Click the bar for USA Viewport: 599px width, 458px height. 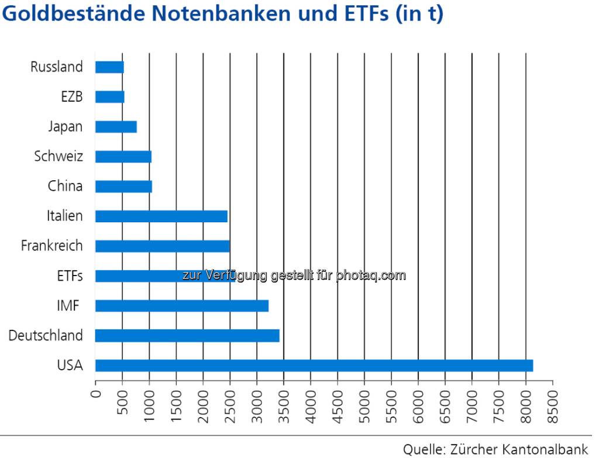(x=314, y=366)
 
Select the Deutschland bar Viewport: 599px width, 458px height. (x=187, y=336)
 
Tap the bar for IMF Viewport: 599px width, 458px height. (x=181, y=306)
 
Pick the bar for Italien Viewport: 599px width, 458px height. (x=161, y=216)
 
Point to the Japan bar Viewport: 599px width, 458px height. (x=116, y=127)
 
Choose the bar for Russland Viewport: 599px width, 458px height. (x=109, y=67)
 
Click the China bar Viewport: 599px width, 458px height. (x=123, y=187)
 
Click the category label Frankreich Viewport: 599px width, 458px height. (x=51, y=246)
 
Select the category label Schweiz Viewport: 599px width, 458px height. (x=58, y=157)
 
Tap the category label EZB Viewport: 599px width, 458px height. (x=71, y=97)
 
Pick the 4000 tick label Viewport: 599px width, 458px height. (x=311, y=398)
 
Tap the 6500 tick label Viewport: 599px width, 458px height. (x=445, y=398)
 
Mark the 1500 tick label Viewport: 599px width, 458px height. (x=176, y=398)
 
